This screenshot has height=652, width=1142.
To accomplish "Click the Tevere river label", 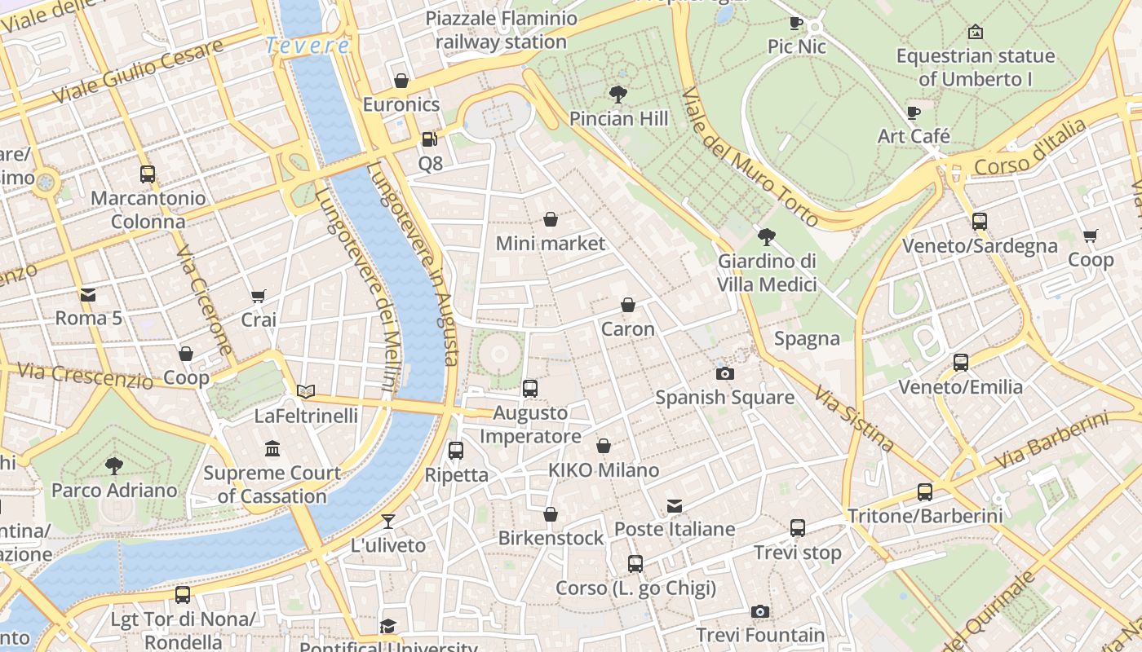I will coord(308,46).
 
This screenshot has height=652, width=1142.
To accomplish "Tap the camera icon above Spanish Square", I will coord(724,374).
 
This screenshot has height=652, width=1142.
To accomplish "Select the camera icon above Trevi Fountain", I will coord(759,611).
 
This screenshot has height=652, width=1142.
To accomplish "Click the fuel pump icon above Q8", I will coord(430,139).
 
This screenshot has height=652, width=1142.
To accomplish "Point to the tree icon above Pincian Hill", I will coord(617,95).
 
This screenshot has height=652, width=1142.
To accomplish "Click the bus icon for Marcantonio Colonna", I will coord(148,174).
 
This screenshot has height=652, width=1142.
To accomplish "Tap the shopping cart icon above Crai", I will coord(259,296).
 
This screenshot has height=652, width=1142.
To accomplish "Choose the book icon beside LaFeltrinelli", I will coord(306,392).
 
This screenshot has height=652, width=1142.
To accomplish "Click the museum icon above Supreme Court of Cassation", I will coord(272,449).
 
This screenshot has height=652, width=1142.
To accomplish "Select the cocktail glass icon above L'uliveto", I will coord(388,522).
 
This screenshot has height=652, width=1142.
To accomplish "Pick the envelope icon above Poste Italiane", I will coord(675,506).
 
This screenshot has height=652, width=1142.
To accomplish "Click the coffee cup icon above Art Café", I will coord(914,112).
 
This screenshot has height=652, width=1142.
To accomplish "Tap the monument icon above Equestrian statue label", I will coord(975,33).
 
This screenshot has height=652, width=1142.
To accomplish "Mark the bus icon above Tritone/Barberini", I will coord(924,492).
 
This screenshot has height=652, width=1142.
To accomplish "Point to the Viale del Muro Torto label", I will coord(749,156).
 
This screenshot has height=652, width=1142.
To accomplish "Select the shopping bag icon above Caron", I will coord(628,306).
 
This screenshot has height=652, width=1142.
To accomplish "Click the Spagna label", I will coord(807,339).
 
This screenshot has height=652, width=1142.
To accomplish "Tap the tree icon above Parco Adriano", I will coord(114,466).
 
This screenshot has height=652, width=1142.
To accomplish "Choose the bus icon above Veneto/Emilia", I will coord(961,363).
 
